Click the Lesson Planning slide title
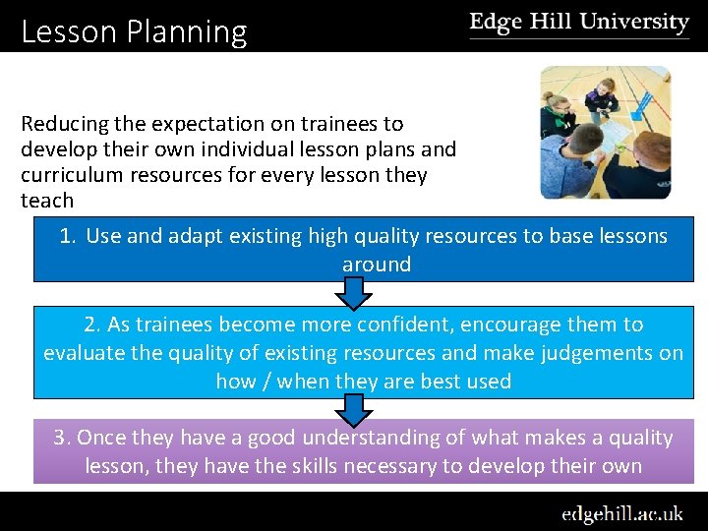click(x=134, y=32)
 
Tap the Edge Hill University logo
click(x=579, y=24)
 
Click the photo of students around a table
click(x=605, y=133)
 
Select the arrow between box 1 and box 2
click(x=353, y=293)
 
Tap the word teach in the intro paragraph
click(x=47, y=201)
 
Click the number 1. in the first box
click(x=68, y=236)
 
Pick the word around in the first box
click(x=377, y=265)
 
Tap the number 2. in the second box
click(x=93, y=324)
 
